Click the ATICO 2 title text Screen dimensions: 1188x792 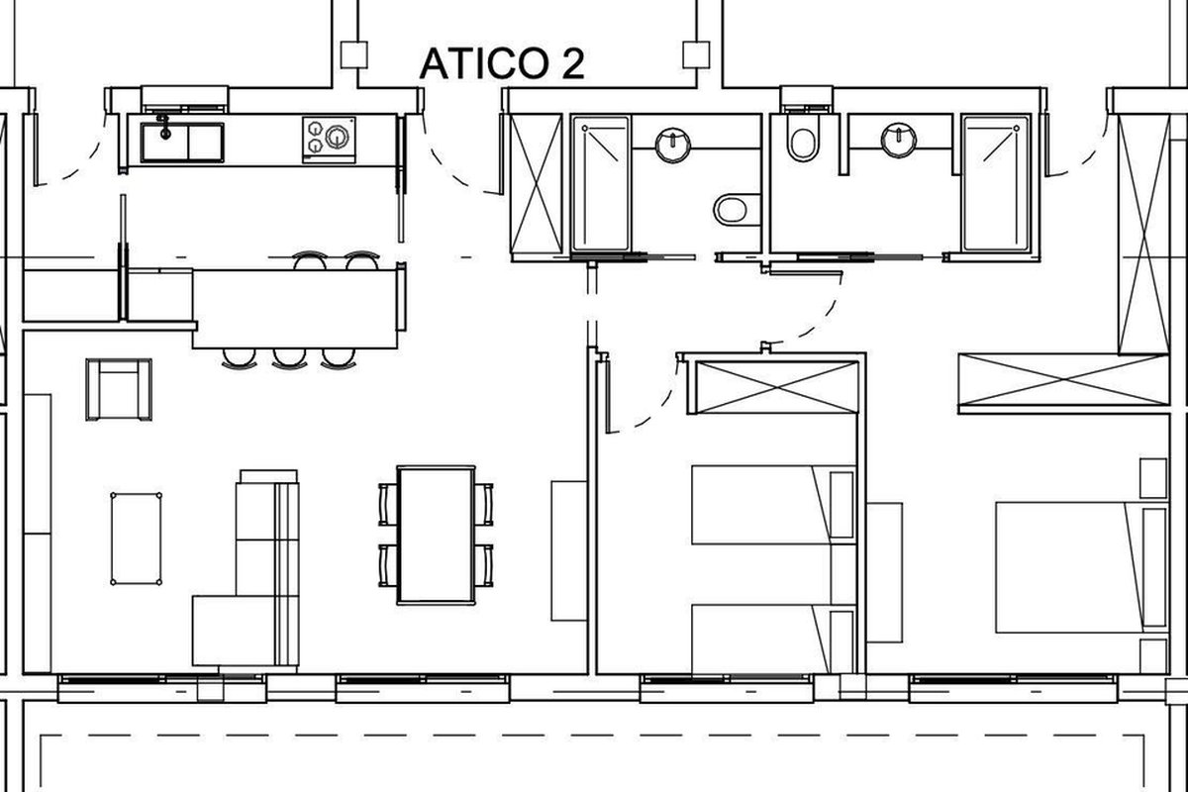[x=502, y=63]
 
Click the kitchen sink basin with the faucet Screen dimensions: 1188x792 [x=165, y=143]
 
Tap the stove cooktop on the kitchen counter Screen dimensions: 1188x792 [x=329, y=140]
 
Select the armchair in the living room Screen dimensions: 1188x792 [x=119, y=389]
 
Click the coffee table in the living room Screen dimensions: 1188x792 [x=137, y=539]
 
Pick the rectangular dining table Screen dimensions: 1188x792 [x=436, y=535]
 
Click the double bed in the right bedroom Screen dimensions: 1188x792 [x=1082, y=567]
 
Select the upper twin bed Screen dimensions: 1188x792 [x=774, y=505]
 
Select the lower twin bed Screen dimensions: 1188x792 [x=774, y=640]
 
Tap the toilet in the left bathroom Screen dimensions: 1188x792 [x=737, y=210]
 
